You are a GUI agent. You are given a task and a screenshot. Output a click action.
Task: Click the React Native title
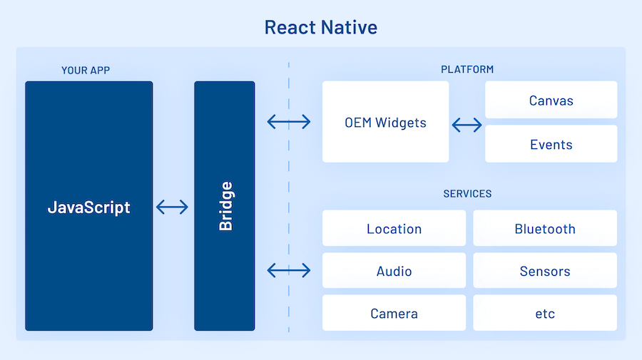pos(320,27)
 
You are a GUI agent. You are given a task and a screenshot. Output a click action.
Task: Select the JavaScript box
pos(89,206)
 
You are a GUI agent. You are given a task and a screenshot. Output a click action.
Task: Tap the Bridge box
pos(225,206)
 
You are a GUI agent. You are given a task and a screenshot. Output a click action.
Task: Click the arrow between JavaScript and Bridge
pos(172,207)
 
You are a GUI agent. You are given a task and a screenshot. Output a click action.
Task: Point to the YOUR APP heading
pos(86,70)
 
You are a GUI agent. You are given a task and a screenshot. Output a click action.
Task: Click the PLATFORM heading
pos(467,70)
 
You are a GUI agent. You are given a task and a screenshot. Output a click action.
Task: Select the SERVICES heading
pos(467,194)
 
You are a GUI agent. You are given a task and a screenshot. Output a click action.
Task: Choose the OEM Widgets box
pos(385,122)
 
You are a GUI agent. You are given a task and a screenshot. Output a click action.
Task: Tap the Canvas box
pos(551,100)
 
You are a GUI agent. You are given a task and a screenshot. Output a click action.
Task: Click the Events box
pos(551,144)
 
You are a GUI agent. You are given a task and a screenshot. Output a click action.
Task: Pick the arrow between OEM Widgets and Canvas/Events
pos(467,125)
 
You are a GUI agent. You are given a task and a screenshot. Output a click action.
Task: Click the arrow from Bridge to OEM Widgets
pos(289,122)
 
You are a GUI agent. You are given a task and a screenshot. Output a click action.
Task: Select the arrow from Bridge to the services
pos(289,270)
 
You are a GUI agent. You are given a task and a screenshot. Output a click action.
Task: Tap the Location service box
pos(394,228)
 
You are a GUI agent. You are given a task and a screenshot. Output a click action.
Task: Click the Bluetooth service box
pos(545,228)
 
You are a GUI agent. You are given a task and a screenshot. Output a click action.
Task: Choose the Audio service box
pos(394,271)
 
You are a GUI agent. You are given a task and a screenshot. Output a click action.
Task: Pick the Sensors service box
pos(545,271)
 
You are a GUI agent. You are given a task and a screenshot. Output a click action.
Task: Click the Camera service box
pos(394,313)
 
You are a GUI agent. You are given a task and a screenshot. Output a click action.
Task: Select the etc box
pos(545,313)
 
